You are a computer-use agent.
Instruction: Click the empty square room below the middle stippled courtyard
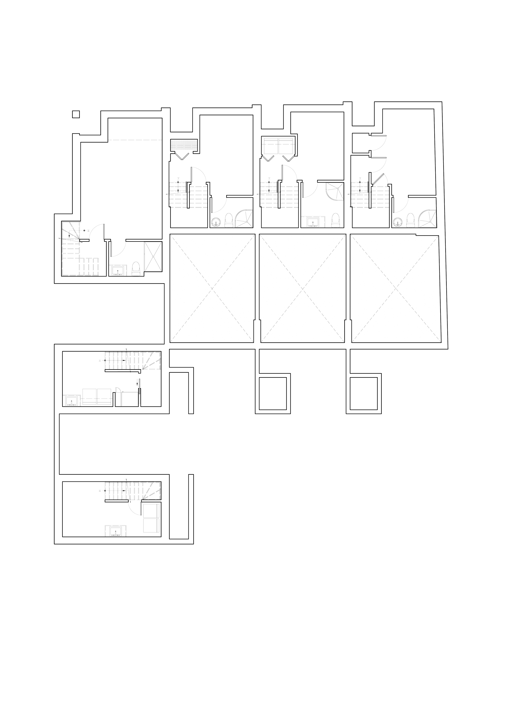pos(272,393)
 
